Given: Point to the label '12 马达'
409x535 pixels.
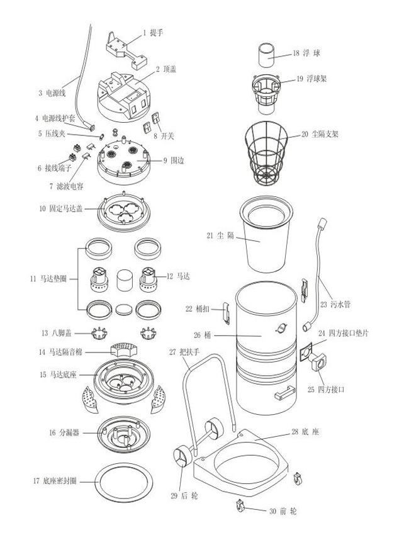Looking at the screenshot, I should [x=180, y=276].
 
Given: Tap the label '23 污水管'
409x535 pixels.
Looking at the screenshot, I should [x=335, y=303].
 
